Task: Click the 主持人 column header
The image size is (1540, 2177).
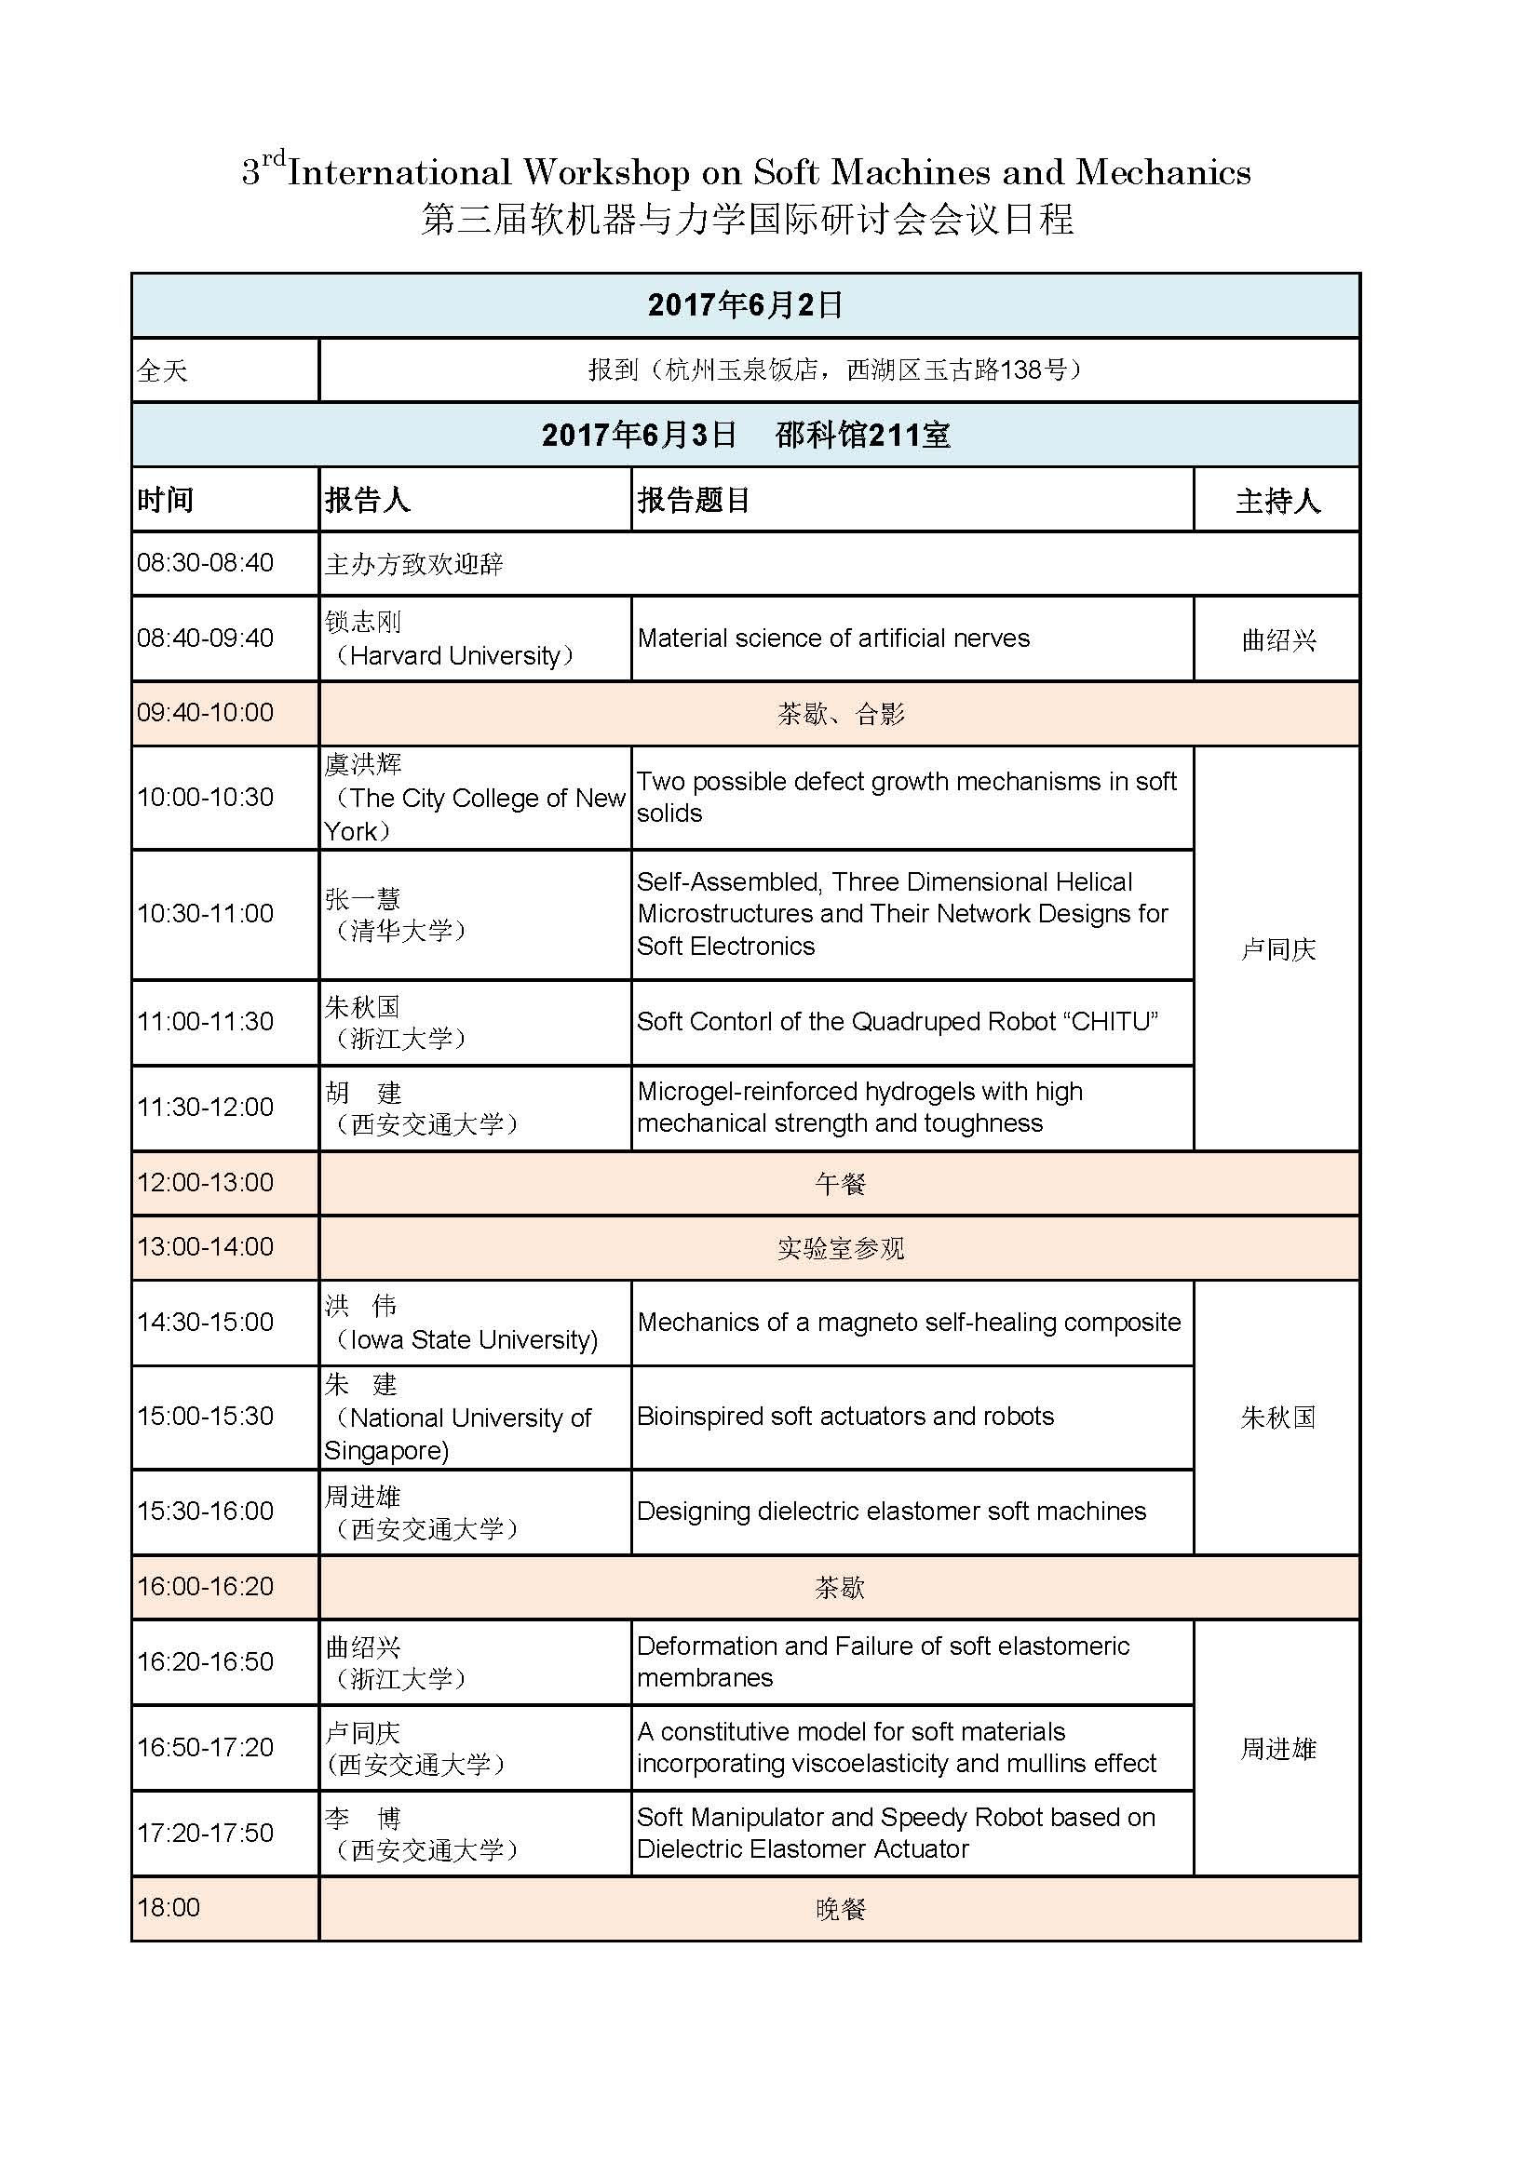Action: [1277, 501]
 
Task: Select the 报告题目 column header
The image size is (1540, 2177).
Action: [694, 500]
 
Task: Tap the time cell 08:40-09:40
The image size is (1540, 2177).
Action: [205, 638]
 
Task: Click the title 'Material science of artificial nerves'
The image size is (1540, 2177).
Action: [832, 638]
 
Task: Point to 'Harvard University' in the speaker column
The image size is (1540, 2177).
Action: [454, 656]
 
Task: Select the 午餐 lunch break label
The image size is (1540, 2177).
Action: [840, 1183]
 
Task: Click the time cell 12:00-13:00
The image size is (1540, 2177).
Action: [205, 1182]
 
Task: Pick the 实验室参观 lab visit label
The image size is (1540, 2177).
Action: [840, 1248]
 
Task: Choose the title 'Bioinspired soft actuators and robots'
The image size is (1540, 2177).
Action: [844, 1416]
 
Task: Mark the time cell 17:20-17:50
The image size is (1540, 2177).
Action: [205, 1832]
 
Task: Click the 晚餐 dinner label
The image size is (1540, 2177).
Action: [840, 1909]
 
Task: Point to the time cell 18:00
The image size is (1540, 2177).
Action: [169, 1908]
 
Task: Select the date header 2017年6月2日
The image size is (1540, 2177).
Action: [746, 304]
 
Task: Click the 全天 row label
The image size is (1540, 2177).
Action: [162, 370]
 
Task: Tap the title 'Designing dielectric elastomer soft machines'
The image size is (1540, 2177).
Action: [890, 1511]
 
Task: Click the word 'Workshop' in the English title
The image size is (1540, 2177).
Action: [606, 171]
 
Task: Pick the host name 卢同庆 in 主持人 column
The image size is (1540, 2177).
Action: [1277, 949]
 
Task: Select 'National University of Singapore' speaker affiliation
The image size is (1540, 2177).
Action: [458, 1433]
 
